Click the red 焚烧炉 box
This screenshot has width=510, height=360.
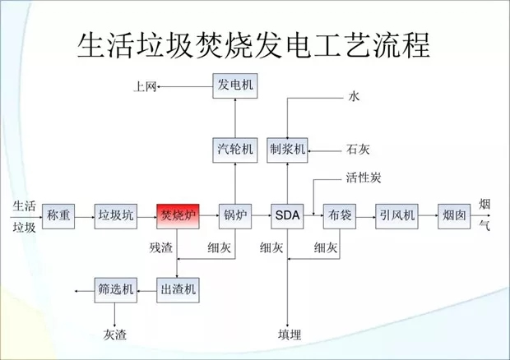178,216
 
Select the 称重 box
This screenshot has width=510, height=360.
58,216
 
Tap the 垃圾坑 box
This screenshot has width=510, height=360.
115,216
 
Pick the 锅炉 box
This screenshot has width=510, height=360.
234,216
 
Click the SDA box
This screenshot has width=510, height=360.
287,216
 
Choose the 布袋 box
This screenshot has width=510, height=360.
338,216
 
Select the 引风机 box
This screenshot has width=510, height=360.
397,216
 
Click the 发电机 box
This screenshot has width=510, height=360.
234,85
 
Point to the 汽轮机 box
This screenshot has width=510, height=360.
234,150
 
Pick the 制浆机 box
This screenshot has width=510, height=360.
287,150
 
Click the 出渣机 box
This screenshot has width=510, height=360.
178,288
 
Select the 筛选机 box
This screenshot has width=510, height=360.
115,288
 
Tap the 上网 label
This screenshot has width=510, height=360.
146,86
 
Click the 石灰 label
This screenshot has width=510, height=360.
358,150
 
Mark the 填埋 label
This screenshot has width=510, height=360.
290,335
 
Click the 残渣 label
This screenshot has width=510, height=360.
161,247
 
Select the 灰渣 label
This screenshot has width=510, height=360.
115,335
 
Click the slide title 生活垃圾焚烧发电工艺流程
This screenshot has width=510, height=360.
253,44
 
